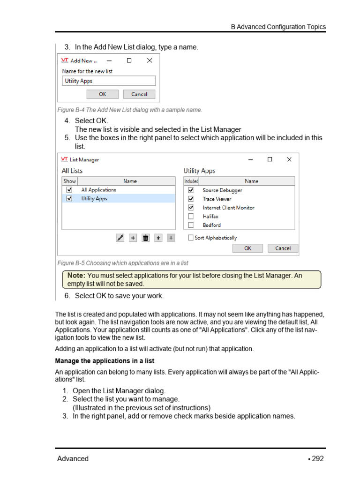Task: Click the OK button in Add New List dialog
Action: tap(102, 94)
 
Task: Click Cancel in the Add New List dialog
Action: tap(139, 94)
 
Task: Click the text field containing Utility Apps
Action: tap(108, 81)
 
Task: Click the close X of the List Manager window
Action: tap(289, 159)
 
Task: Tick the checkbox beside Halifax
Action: tap(191, 217)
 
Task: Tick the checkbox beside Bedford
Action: tap(191, 225)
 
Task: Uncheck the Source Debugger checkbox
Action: tap(191, 190)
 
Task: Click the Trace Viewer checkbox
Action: tap(191, 199)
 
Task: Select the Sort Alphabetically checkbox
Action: tap(191, 238)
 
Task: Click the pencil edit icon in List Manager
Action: tap(120, 238)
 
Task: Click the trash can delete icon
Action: tap(146, 238)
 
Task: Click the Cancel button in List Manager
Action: tap(283, 248)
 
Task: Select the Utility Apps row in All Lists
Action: tap(94, 199)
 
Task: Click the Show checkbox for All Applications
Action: tap(69, 190)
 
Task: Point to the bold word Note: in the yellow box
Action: tap(76, 276)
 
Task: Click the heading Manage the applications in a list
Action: tap(105, 361)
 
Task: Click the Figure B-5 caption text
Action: tap(122, 263)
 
